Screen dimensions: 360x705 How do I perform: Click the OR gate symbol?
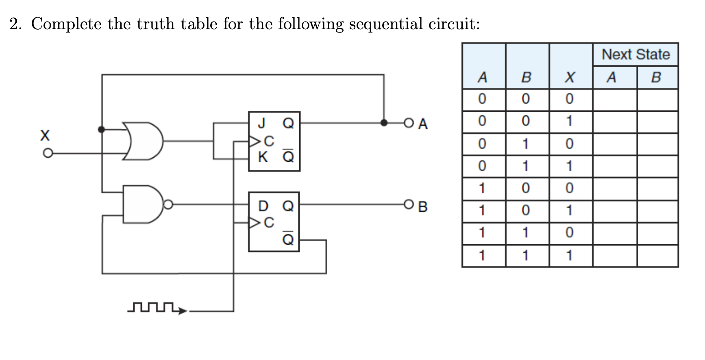(x=143, y=141)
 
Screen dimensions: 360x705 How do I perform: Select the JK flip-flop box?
(x=274, y=141)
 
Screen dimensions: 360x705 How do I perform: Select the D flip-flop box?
(x=274, y=222)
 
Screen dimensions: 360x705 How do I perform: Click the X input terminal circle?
(x=48, y=154)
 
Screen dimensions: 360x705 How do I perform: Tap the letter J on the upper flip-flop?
(x=262, y=122)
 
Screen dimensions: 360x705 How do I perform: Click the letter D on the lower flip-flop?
(x=263, y=206)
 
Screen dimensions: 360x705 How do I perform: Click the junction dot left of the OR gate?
(x=102, y=130)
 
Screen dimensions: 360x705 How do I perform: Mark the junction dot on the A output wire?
(x=384, y=123)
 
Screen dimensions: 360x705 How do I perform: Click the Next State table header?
(x=635, y=54)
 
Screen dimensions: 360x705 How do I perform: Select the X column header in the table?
(x=570, y=77)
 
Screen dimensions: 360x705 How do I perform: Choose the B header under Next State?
(x=656, y=77)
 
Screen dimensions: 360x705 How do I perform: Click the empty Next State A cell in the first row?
(x=614, y=99)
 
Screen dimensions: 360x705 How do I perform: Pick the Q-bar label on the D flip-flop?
(x=288, y=238)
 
